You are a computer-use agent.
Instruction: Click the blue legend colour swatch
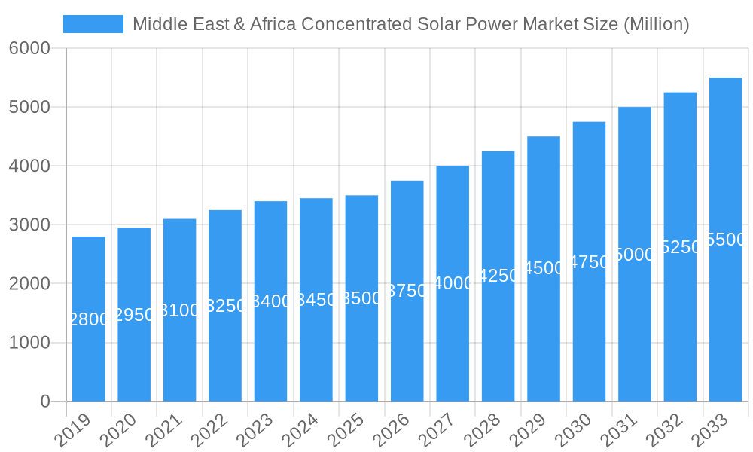pyautogui.click(x=93, y=24)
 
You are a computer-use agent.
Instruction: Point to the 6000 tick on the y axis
pyautogui.click(x=29, y=49)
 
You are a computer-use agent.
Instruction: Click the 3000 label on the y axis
pyautogui.click(x=29, y=225)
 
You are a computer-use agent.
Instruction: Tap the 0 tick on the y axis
pyautogui.click(x=45, y=402)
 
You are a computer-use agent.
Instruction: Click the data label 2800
pyautogui.click(x=89, y=319)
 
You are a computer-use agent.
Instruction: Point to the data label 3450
pyautogui.click(x=316, y=301)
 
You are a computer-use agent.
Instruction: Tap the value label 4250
pyautogui.click(x=498, y=276)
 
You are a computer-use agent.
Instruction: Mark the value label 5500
pyautogui.click(x=726, y=240)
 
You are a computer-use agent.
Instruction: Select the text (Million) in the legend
pyautogui.click(x=657, y=24)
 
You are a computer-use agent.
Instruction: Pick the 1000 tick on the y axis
pyautogui.click(x=29, y=343)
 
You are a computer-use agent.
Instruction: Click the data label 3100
pyautogui.click(x=180, y=310)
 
